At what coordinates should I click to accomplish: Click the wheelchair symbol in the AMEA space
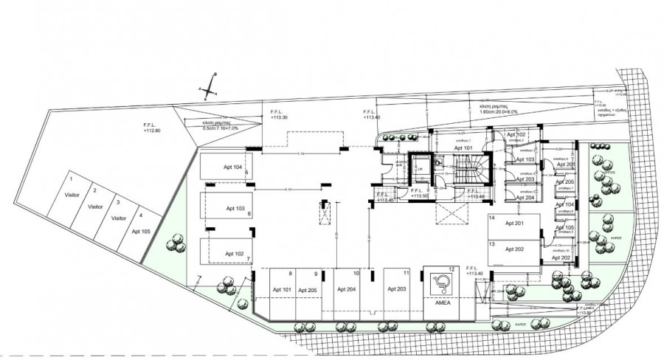pos(441,283)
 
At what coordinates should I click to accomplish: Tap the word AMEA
pos(443,303)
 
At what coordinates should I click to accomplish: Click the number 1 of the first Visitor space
pos(71,179)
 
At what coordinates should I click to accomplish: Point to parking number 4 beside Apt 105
pos(140,216)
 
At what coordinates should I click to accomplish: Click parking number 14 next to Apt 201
pos(491,219)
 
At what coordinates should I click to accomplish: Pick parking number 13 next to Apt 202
pos(491,243)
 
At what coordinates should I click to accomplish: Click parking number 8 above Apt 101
pos(291,274)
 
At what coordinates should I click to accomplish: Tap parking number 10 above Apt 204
pos(356,274)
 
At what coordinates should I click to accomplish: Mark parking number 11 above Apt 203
pos(406,274)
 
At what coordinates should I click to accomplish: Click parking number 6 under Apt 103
pos(249,214)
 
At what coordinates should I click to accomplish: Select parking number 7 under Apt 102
pos(249,259)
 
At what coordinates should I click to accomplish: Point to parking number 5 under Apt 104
pos(246,173)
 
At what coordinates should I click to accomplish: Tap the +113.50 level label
pos(421,197)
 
